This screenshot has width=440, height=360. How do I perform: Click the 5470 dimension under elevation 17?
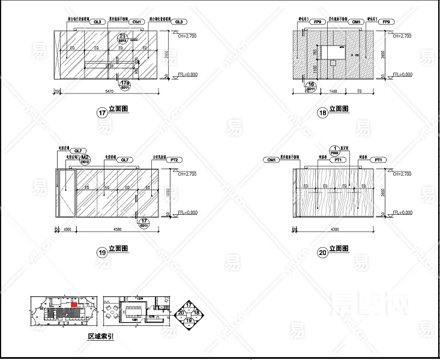(109, 92)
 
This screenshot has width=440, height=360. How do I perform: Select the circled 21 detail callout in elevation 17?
(123, 38)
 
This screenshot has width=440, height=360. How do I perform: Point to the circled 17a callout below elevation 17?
(125, 84)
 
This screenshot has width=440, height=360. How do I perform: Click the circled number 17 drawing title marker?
(101, 111)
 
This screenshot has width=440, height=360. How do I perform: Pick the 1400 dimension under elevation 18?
(334, 92)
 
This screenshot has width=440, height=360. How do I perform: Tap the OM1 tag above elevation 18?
(356, 22)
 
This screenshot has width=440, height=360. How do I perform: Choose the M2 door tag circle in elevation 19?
(85, 158)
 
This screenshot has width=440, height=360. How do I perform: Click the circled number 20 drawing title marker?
(323, 253)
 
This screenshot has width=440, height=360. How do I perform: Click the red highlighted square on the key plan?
(74, 304)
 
